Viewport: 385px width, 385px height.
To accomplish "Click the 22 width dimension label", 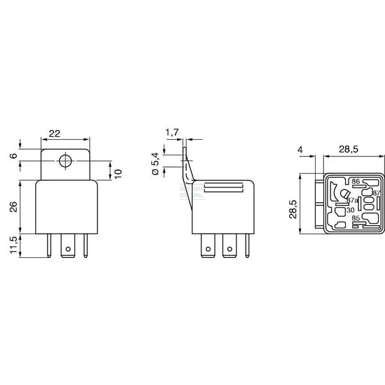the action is coord(55,133).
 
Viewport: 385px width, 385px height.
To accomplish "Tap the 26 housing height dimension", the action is coord(13,207).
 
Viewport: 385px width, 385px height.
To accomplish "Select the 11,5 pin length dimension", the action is coord(13,245).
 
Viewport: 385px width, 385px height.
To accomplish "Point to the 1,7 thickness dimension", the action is coord(172,133).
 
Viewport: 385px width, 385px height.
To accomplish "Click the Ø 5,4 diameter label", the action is coord(156,164).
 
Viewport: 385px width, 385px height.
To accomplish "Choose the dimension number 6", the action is coord(13,156).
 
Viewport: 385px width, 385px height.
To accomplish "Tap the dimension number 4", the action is coord(300,150).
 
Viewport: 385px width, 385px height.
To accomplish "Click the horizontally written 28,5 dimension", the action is coord(348,149).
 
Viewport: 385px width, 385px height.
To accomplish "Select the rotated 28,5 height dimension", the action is coord(293,209).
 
